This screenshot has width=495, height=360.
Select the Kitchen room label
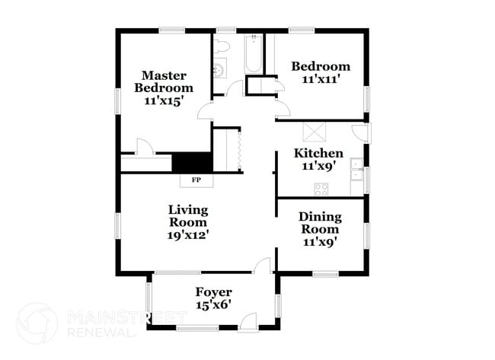(x=318, y=153)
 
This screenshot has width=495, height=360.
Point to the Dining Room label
(x=320, y=222)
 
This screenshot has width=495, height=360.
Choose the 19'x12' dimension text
(x=188, y=235)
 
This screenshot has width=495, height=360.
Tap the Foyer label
(x=213, y=292)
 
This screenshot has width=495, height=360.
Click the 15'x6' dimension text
(x=213, y=304)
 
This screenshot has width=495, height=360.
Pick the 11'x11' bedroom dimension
(x=321, y=78)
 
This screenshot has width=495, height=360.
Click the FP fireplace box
(x=196, y=180)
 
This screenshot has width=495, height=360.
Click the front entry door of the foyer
(x=248, y=323)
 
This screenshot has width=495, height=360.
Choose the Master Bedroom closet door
(x=143, y=147)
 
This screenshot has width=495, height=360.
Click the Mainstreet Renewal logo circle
(x=37, y=323)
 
